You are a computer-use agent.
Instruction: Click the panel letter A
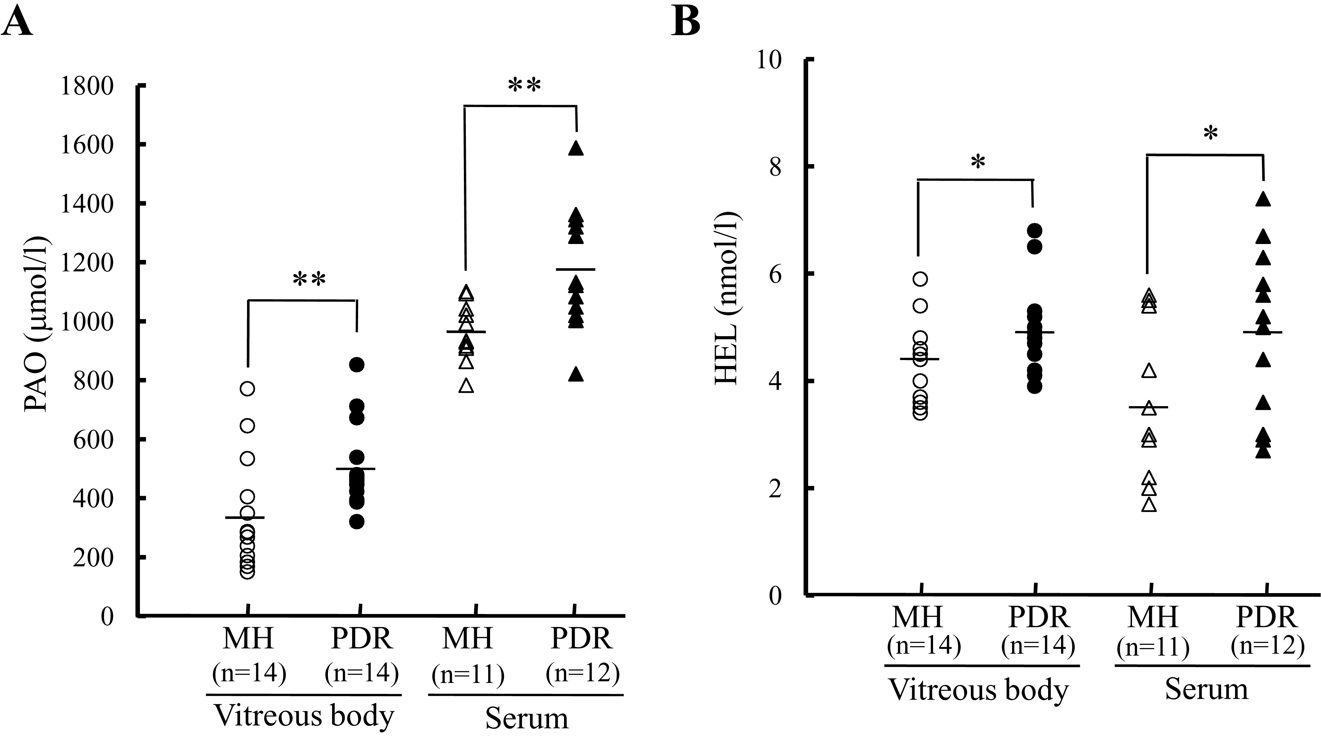pos(17,22)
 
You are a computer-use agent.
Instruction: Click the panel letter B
pos(686,22)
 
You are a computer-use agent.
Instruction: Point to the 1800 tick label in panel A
pos(87,86)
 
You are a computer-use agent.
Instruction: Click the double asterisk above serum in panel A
pos(524,85)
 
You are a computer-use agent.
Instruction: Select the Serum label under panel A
pos(527,718)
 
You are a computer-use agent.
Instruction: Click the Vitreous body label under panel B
pos(978,690)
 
